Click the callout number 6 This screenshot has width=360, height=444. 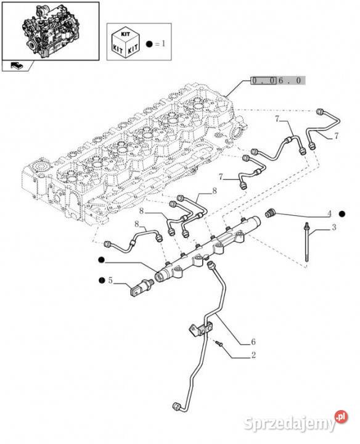point(253,342)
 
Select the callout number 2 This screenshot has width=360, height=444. point(253,355)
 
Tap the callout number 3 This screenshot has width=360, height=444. point(334,227)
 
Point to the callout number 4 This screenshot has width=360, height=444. point(329,214)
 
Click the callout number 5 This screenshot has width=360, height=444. point(110,281)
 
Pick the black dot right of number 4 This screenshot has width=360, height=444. point(343,214)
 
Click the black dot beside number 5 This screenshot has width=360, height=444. point(101,281)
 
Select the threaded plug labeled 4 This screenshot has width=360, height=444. point(270,213)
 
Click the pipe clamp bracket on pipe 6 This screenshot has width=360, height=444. point(201,329)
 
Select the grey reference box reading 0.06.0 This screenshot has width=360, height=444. point(277,80)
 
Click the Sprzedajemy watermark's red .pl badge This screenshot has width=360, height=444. point(342,416)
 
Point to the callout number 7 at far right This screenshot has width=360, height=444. point(336,136)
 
